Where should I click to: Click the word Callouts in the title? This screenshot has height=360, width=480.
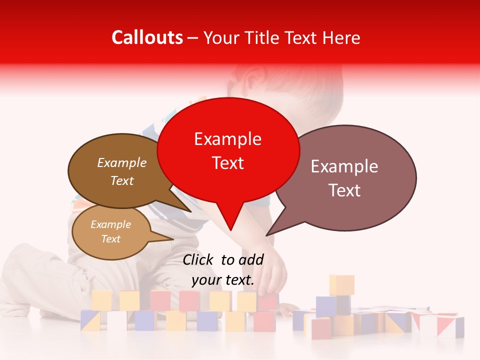(x=147, y=37)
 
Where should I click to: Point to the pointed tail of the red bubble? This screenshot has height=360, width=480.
(x=230, y=229)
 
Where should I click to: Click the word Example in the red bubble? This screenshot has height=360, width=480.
(x=228, y=139)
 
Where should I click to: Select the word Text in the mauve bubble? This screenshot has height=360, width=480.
(x=345, y=190)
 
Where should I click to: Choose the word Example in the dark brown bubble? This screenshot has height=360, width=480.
(x=122, y=162)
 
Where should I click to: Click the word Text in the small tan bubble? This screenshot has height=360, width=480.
(x=111, y=239)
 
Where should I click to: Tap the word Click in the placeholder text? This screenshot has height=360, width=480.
(x=199, y=259)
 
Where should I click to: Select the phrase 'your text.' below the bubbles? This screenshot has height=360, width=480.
(x=223, y=280)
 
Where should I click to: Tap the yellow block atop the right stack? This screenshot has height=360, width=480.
(x=341, y=284)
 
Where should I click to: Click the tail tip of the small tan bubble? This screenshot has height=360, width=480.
(x=172, y=239)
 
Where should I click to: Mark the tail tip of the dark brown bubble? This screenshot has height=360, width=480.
(x=190, y=211)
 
